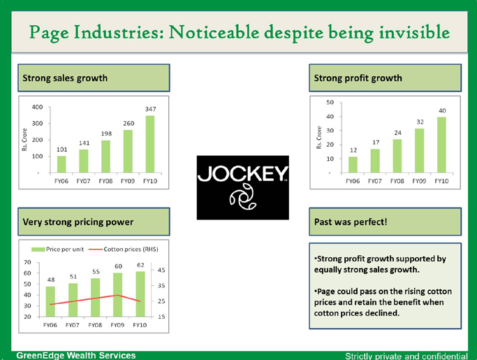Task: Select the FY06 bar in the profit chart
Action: point(353,164)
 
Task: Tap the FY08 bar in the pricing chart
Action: point(96,298)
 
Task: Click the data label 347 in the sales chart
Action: point(150,110)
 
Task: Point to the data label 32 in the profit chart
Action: point(420,122)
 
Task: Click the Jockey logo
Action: point(242,187)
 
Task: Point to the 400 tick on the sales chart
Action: point(38,107)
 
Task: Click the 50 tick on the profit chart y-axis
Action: point(330,103)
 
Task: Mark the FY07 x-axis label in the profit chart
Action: point(375,181)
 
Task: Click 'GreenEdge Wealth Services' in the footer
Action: point(76,355)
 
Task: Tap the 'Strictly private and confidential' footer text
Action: point(406,356)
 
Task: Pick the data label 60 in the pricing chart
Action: point(119,266)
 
